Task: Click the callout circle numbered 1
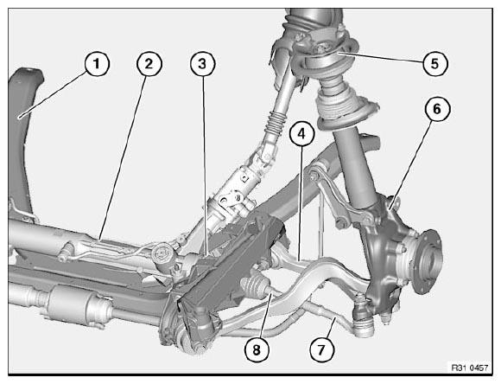(97, 64)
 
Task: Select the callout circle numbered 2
(149, 64)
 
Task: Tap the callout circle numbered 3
(203, 64)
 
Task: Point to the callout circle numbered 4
(302, 133)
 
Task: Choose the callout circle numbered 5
(435, 63)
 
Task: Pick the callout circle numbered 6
(437, 109)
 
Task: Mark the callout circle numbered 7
(322, 349)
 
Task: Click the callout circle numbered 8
(257, 349)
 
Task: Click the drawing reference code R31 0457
(470, 368)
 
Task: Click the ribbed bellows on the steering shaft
(275, 125)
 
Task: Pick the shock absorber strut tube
(355, 170)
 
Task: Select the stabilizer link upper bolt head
(314, 175)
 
